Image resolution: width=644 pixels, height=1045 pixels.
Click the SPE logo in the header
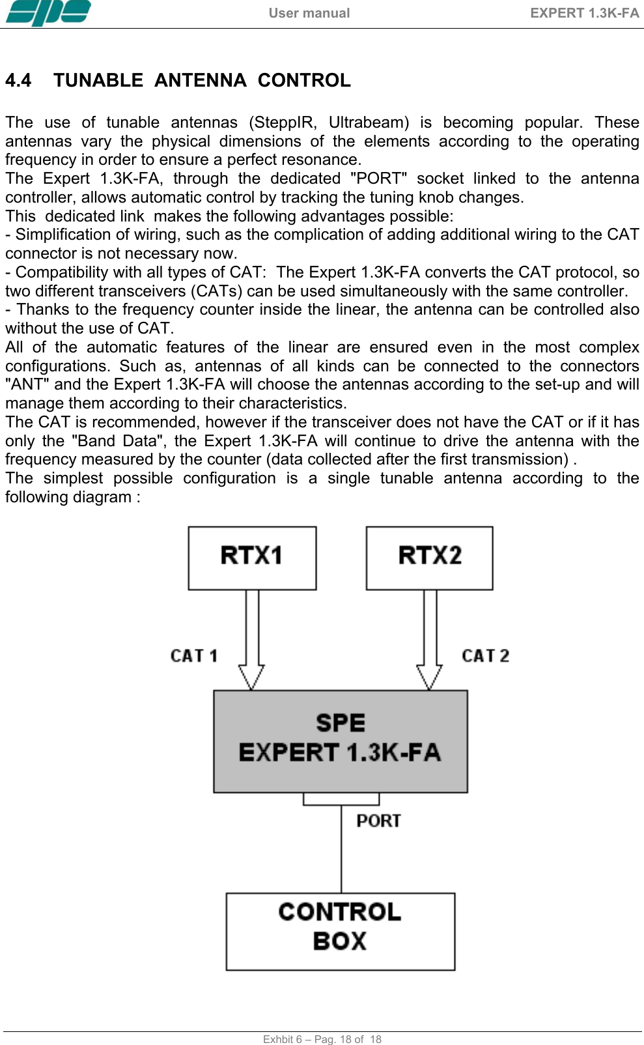coord(48,12)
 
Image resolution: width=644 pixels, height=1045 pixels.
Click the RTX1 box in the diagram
coord(252,558)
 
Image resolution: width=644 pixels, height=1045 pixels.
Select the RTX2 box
coord(429,558)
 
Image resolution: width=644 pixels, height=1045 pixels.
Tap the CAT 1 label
coord(193,655)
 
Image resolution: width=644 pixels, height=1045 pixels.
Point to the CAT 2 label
coord(485,655)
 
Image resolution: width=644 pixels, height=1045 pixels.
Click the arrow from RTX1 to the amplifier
coord(251,638)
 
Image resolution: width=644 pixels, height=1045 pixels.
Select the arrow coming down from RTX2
coord(429,638)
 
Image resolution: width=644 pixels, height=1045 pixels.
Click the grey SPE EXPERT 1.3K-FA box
coord(340,741)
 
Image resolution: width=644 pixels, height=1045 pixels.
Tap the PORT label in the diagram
coord(378,820)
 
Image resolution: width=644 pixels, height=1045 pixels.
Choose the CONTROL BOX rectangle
coord(340,931)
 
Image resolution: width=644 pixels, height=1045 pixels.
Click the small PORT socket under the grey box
coord(341,799)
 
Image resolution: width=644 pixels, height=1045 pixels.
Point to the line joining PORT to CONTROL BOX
coord(341,850)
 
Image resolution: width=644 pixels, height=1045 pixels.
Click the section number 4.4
coord(18,80)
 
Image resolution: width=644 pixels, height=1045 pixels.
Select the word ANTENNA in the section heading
coord(200,80)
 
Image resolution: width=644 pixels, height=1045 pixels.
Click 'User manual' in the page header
coord(309,13)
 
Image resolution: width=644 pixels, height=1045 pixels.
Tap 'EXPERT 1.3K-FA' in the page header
coord(584,13)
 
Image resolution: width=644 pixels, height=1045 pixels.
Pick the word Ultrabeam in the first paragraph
coord(369,122)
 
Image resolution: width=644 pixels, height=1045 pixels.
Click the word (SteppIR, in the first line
coord(283,122)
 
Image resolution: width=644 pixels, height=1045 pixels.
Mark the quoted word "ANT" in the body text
coord(27,384)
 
